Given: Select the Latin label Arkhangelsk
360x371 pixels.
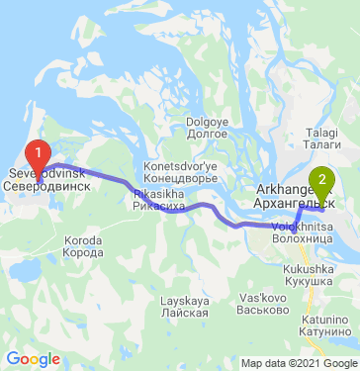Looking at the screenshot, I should point(287,189).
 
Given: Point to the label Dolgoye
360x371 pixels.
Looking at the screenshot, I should point(207,121).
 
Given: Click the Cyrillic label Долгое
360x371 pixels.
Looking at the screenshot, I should point(207,132).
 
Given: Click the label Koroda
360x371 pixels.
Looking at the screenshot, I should point(83,240).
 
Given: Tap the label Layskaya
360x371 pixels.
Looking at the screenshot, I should point(186,300).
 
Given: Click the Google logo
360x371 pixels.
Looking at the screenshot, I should point(33,358).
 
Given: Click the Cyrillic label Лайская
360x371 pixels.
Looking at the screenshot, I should point(186,311).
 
